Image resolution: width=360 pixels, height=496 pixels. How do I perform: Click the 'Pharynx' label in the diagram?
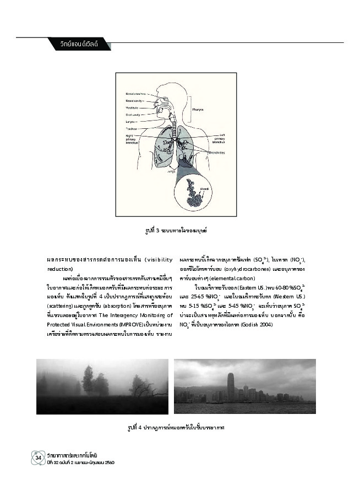(x=198, y=110)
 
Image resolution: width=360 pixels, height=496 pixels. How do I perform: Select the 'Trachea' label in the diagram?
(x=130, y=129)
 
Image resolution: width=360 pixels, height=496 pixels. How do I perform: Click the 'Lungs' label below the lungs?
(x=171, y=171)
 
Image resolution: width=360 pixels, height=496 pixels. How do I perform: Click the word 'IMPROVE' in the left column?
(x=121, y=325)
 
